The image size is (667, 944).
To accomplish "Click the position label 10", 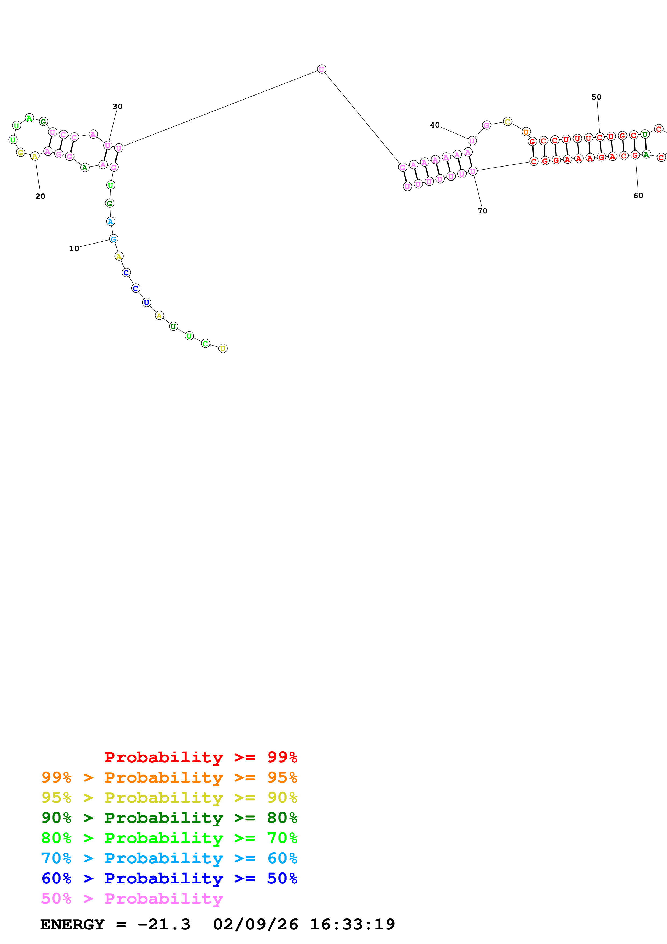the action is click(x=74, y=248).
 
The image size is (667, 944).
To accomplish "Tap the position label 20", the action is click(x=40, y=196).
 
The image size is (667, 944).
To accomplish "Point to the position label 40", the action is click(x=435, y=125).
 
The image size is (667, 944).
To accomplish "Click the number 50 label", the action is click(x=596, y=97).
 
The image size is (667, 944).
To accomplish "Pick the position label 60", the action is click(x=638, y=195).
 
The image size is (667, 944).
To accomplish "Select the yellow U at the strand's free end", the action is click(x=223, y=348).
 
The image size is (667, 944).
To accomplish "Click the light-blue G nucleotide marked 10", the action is click(x=114, y=239).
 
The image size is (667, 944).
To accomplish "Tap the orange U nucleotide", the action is click(x=526, y=132).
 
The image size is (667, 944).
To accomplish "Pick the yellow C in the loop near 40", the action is click(x=507, y=121).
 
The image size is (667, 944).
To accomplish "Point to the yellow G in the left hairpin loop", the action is click(x=20, y=153).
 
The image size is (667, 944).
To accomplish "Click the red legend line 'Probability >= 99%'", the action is click(x=200, y=757).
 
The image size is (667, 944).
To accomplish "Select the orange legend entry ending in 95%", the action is click(x=169, y=777).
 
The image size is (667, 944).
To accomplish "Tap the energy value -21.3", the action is click(x=164, y=925).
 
